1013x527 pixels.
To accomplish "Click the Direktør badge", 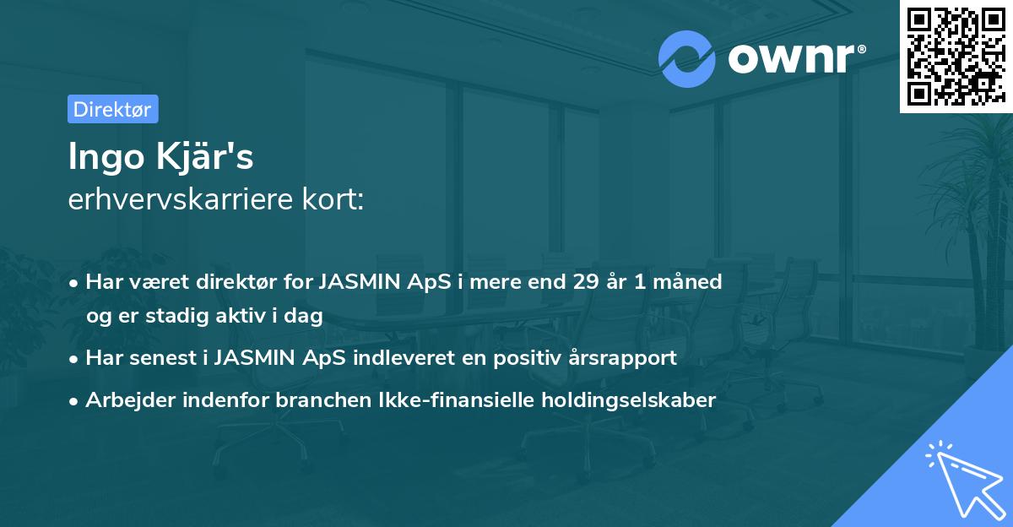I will click(112, 109).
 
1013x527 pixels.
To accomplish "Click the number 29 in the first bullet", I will click(585, 281).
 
